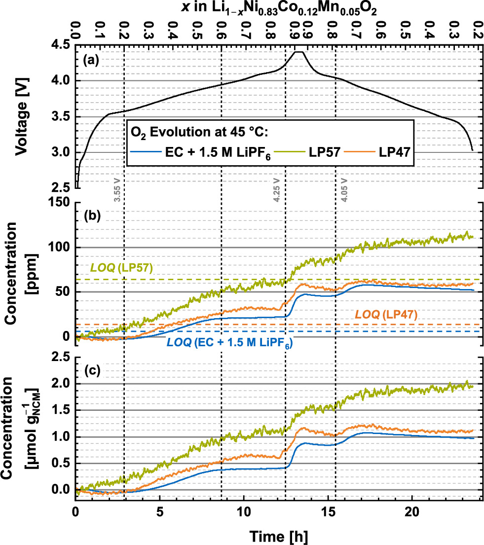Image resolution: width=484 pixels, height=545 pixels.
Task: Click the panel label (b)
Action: (92, 216)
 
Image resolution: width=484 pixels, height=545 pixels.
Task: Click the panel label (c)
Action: (92, 370)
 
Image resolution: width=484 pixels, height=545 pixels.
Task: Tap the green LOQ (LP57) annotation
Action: (121, 268)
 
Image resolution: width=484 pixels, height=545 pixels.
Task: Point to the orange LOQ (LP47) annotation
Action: (386, 314)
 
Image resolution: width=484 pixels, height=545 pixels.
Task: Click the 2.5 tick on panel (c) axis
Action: (62, 357)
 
